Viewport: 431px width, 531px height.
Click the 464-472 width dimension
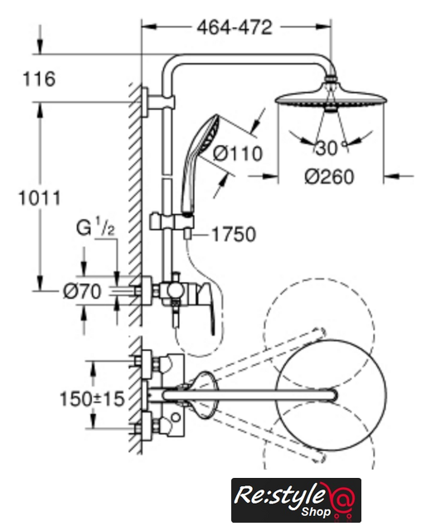point(235,27)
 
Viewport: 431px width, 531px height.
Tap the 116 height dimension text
point(39,80)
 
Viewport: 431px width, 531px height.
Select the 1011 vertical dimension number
point(40,198)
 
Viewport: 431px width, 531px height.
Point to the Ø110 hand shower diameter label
point(238,154)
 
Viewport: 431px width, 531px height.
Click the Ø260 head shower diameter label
point(329,177)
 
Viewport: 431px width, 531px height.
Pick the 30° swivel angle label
point(331,148)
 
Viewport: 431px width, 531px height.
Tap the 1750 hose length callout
point(234,234)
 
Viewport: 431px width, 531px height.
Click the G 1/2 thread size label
point(95,227)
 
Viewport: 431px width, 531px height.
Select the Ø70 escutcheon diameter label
point(82,291)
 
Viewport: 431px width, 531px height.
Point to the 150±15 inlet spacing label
point(92,399)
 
